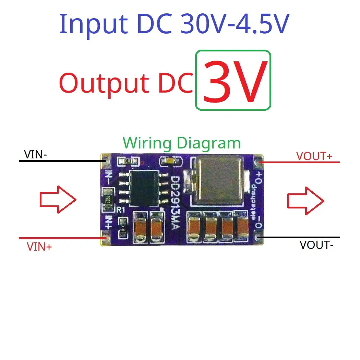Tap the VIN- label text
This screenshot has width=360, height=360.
(35, 155)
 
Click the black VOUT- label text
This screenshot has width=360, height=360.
(316, 245)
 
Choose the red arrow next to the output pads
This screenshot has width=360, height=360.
(305, 201)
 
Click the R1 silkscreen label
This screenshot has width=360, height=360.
(121, 210)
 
